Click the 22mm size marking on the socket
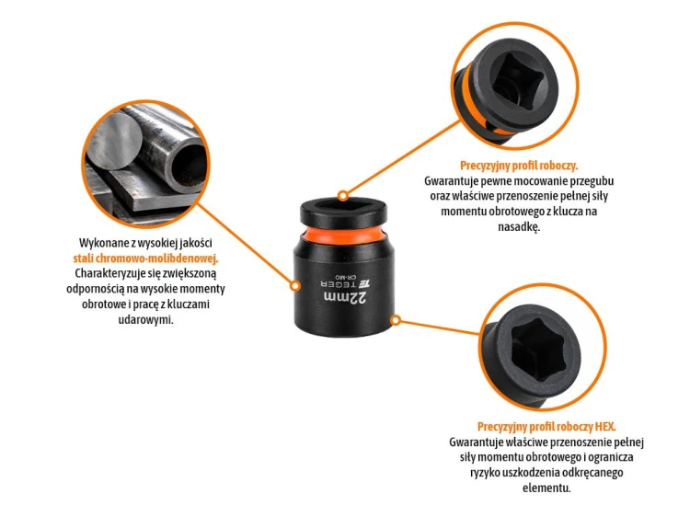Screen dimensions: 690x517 (x=345, y=297)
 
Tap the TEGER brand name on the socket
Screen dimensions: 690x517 (x=345, y=284)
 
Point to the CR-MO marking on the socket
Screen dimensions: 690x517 (x=344, y=277)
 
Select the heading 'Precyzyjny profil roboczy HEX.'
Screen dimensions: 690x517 (x=546, y=426)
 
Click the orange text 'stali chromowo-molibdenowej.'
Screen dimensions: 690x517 (x=145, y=258)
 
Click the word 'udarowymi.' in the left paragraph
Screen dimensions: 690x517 (x=145, y=319)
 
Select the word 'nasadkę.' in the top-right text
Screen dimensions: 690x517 (x=519, y=227)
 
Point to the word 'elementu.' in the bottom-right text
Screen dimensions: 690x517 (x=546, y=488)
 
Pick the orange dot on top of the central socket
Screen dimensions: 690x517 (x=343, y=196)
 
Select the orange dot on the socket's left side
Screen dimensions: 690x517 (x=295, y=286)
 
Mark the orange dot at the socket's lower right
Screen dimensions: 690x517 (x=396, y=320)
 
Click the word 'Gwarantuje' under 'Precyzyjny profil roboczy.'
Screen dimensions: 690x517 (x=450, y=181)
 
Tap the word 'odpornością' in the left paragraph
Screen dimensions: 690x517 (x=93, y=289)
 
